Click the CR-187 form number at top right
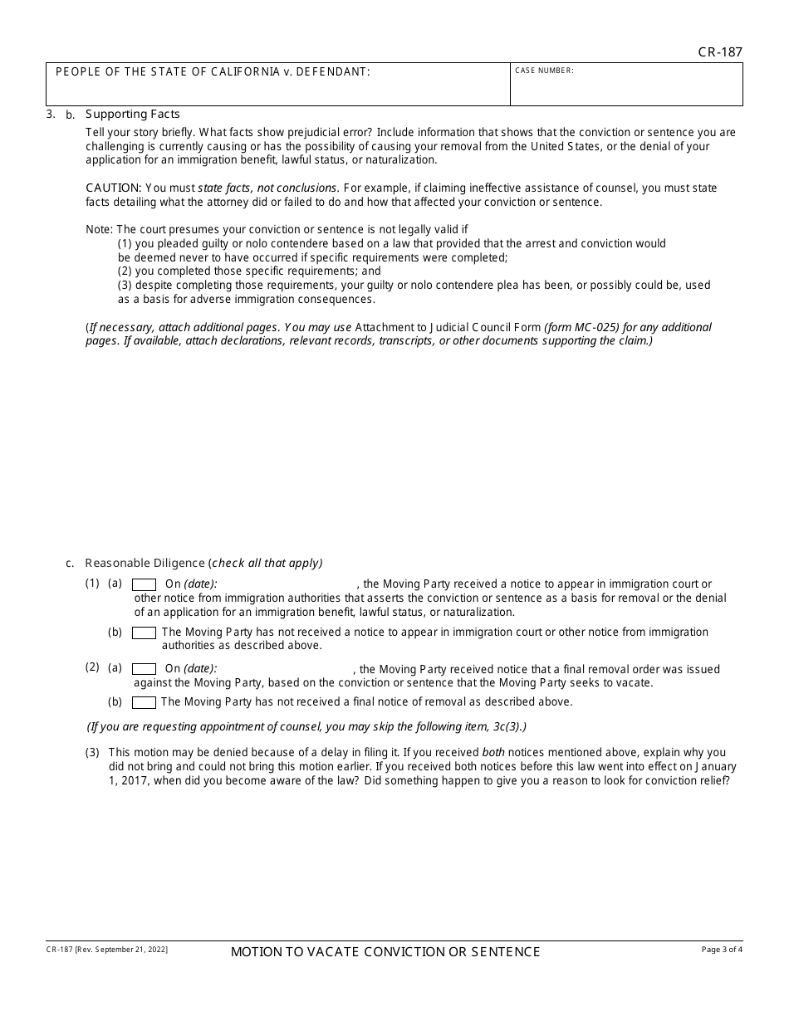(x=720, y=51)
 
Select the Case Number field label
(x=544, y=71)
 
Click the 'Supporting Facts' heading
(x=133, y=115)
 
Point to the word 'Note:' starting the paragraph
(x=99, y=230)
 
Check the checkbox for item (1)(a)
(x=145, y=584)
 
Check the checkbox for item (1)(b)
(x=145, y=633)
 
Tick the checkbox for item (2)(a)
(x=145, y=669)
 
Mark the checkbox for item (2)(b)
(x=145, y=702)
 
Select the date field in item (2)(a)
(x=285, y=669)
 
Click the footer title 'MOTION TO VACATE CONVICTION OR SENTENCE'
(x=385, y=952)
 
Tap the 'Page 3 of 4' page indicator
(x=722, y=949)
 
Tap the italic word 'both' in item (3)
(x=493, y=753)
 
